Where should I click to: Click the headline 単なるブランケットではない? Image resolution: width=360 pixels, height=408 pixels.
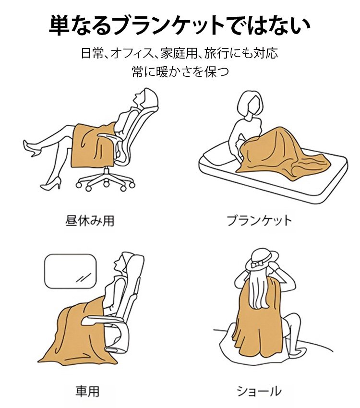(x=180, y=25)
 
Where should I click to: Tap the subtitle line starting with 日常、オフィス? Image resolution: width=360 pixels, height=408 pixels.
(x=180, y=52)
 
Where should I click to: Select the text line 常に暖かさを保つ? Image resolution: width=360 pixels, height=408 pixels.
(x=180, y=72)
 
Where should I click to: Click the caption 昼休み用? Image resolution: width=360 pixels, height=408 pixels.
(x=89, y=221)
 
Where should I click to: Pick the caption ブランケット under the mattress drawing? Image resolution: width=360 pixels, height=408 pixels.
(x=259, y=221)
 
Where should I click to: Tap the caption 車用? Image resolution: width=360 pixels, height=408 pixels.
(x=87, y=391)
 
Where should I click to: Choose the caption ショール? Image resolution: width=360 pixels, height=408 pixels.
(x=259, y=391)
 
